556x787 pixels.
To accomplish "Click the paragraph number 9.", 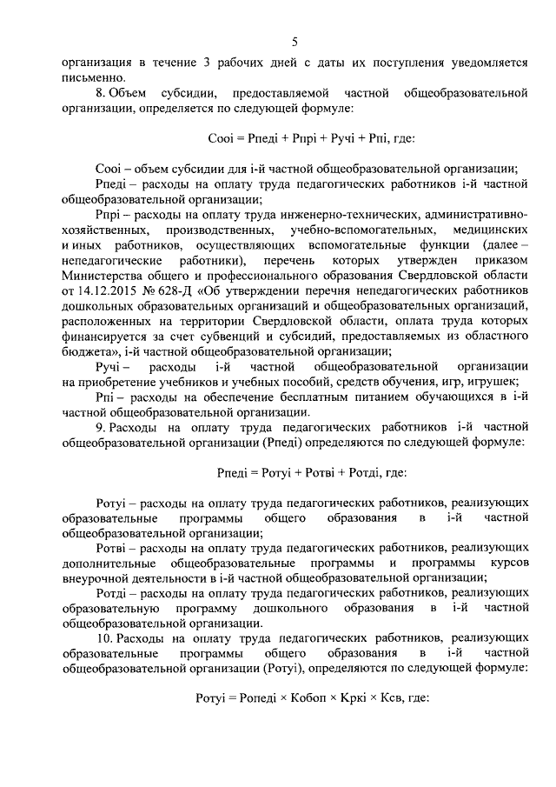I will [100, 429].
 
